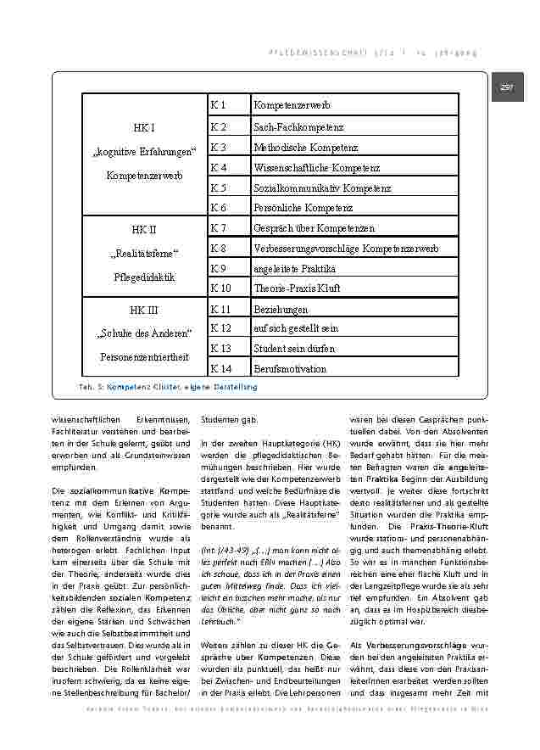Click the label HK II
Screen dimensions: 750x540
pos(144,229)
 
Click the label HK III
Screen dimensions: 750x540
pos(144,310)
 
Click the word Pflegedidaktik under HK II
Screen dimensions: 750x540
pos(144,277)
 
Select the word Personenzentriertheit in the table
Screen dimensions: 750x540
pos(144,357)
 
